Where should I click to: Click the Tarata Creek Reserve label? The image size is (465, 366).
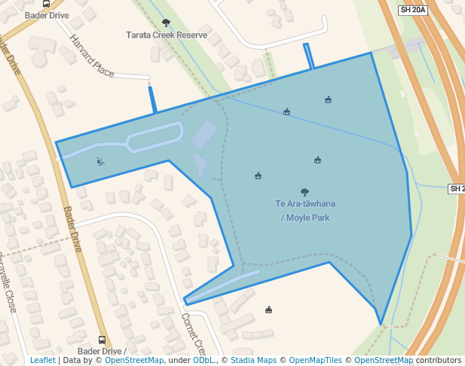coord(166,35)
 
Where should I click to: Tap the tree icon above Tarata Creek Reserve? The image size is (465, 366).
coord(166,23)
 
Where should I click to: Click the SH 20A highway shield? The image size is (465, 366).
coord(413,10)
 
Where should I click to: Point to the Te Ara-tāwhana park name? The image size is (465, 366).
coord(305,204)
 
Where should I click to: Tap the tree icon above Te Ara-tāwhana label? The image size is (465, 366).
coord(304,192)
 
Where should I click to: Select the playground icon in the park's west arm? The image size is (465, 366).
coord(100,161)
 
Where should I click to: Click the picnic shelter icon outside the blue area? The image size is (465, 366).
coord(268,310)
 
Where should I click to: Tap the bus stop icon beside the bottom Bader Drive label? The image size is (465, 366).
coord(102,340)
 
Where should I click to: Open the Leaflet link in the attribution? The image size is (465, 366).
coord(42,360)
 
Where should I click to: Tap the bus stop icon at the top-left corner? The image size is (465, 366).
coord(46,4)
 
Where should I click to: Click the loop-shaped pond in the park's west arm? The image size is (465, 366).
coord(154,137)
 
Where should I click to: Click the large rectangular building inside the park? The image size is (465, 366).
coord(203,135)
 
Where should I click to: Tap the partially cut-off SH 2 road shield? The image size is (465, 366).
coord(457,188)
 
